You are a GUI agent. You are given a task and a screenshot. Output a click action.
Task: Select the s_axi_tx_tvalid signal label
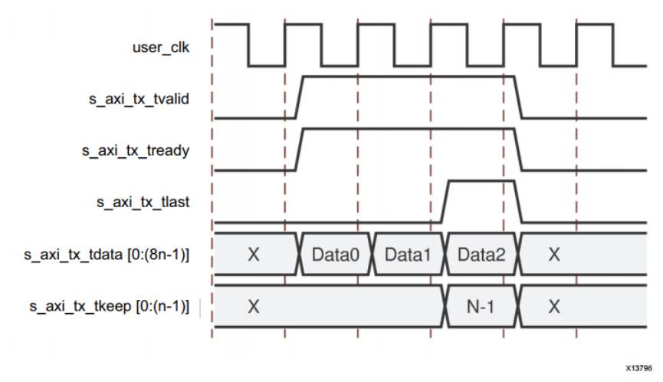point(136,99)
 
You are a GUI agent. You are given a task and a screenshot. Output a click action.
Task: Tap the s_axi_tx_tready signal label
point(136,150)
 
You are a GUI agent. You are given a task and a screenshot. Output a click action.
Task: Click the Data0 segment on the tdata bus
point(335,253)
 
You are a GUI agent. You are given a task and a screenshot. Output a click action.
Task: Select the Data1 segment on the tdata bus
point(408,253)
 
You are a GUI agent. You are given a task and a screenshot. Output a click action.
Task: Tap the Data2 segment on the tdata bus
point(481,253)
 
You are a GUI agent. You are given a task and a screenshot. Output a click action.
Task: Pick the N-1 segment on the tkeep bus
point(481,305)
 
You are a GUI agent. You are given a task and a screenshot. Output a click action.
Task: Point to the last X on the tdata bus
point(553,253)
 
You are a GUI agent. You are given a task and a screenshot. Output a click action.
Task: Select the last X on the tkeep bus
point(553,305)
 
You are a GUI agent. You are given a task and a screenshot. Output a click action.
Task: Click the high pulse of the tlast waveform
point(481,182)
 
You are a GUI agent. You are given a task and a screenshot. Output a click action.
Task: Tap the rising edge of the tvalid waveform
point(300,97)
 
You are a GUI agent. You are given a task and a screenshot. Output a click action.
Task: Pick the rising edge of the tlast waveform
point(445,201)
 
